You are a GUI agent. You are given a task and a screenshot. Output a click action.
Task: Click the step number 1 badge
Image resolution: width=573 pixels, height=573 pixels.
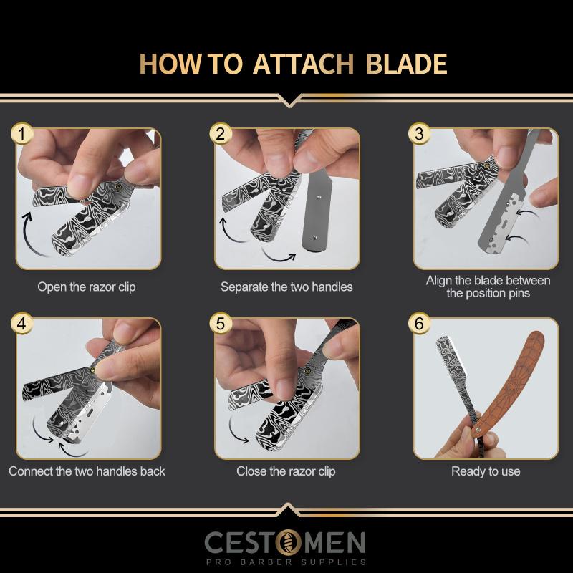[24, 133]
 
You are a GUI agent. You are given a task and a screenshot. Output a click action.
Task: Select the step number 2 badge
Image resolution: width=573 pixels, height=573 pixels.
[221, 133]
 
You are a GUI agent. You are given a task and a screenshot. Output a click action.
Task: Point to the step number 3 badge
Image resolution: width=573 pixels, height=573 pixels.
[420, 133]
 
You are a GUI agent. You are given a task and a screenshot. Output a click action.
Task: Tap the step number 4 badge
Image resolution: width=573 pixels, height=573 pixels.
[24, 324]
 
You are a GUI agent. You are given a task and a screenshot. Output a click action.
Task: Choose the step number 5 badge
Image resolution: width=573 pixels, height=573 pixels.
[221, 324]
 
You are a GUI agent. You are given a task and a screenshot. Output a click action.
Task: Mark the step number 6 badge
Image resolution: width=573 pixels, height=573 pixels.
[420, 324]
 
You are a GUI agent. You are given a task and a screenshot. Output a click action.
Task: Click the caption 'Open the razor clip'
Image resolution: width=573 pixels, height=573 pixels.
[87, 287]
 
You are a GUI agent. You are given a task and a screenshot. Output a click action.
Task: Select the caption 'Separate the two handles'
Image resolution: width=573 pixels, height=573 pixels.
[286, 287]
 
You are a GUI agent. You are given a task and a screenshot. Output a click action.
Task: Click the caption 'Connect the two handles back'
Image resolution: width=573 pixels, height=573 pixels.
[87, 471]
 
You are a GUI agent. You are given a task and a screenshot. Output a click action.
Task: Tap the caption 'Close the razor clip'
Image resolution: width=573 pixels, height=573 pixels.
[286, 471]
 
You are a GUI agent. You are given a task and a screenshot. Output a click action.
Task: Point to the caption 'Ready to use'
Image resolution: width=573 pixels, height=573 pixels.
[486, 471]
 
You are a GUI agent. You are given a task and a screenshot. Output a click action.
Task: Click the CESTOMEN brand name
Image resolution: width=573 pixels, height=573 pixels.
[285, 543]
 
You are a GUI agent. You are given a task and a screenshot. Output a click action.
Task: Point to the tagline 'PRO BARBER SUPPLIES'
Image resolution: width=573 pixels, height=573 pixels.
[286, 562]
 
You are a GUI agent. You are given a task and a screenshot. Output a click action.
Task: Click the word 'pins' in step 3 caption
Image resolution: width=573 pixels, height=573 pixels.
[517, 294]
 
